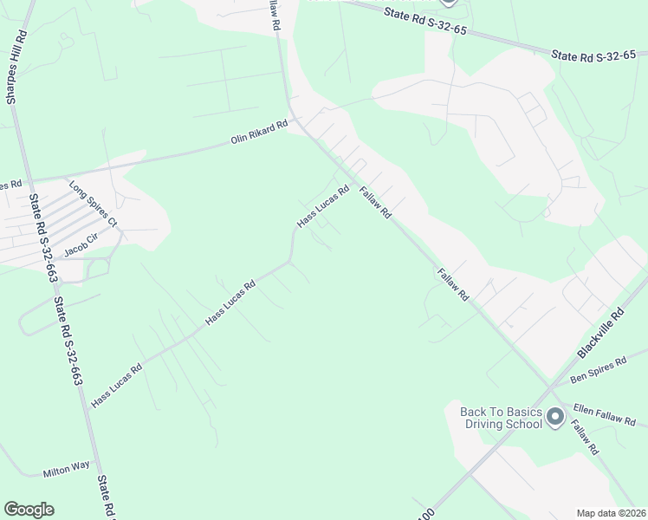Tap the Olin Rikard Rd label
pos(258,133)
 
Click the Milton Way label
pos(67,469)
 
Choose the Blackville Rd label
pos(600,333)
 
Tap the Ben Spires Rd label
pos(598,370)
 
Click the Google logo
pos(29,510)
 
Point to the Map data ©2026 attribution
pos(611,512)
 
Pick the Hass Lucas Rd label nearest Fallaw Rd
pos(322,206)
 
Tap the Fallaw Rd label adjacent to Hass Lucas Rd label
pos(376,205)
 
